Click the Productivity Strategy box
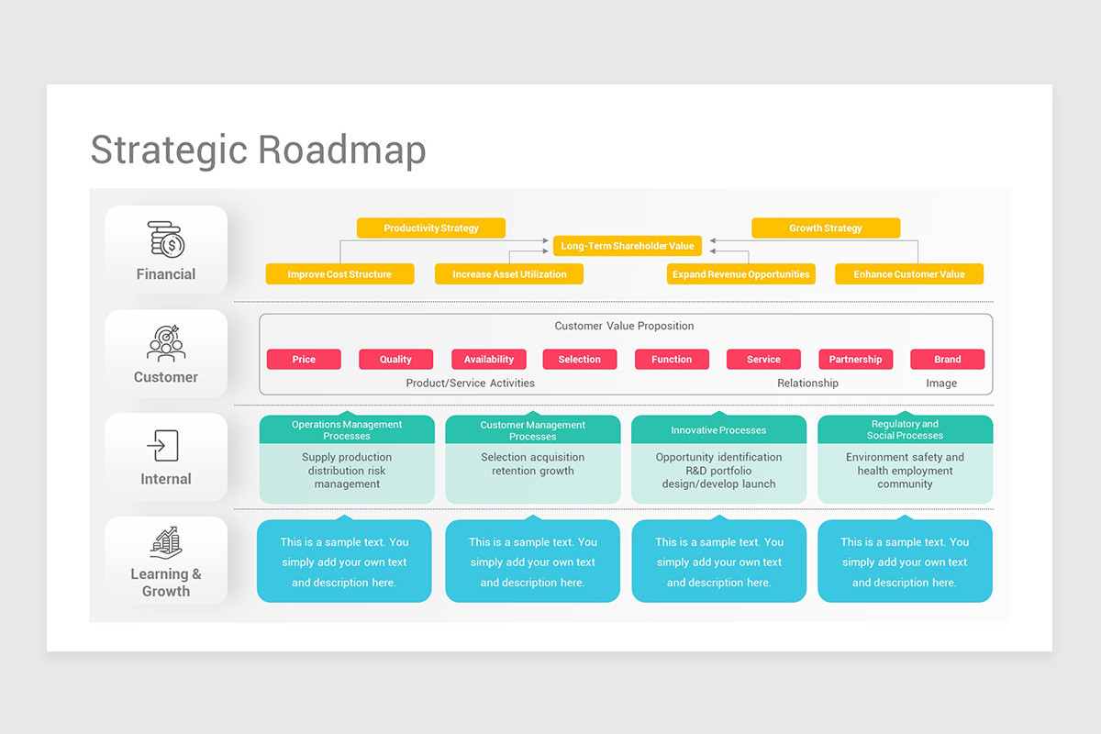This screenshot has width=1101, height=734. pos(431,228)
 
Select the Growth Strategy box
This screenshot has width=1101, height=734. pos(826,228)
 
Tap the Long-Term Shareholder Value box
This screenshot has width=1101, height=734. pos(628,246)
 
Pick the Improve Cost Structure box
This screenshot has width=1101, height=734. pos(339,273)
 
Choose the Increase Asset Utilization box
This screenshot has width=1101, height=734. pos(509,273)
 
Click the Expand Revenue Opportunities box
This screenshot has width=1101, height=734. pos(740,273)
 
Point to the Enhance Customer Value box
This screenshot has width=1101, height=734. pos(909,273)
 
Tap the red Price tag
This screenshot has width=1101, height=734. pos(304,360)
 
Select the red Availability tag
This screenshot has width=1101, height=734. pos(488,360)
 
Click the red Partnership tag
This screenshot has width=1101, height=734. pos(856,360)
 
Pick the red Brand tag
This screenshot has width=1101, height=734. pos(948,360)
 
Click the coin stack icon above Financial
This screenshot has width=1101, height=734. pos(166,239)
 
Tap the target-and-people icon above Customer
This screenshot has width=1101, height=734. pos(166,343)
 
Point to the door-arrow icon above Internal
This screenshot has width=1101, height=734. pos(162,445)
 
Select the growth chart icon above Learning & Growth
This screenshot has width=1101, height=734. pos(166,543)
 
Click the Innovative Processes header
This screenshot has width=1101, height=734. pos(718,429)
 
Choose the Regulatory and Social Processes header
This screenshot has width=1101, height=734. pos(905,429)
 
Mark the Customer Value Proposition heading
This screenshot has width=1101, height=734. pos(624,326)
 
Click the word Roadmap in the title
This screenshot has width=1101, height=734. pos(342,150)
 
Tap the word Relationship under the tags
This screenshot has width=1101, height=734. pos(807,383)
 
